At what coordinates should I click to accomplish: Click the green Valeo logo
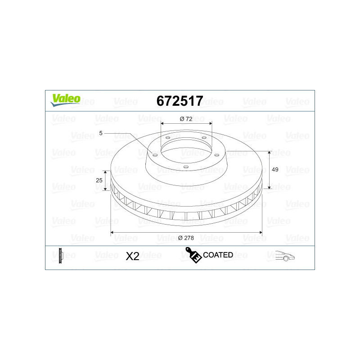65,100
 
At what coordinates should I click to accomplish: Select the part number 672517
180,101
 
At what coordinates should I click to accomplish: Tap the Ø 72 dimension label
186,119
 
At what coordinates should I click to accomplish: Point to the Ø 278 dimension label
186,238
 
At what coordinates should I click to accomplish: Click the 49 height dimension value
275,170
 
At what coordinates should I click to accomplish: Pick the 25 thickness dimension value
99,180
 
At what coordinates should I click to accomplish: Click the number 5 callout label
101,133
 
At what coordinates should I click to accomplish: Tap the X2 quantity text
132,256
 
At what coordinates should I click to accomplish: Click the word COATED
218,255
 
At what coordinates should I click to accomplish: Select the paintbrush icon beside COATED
193,255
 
